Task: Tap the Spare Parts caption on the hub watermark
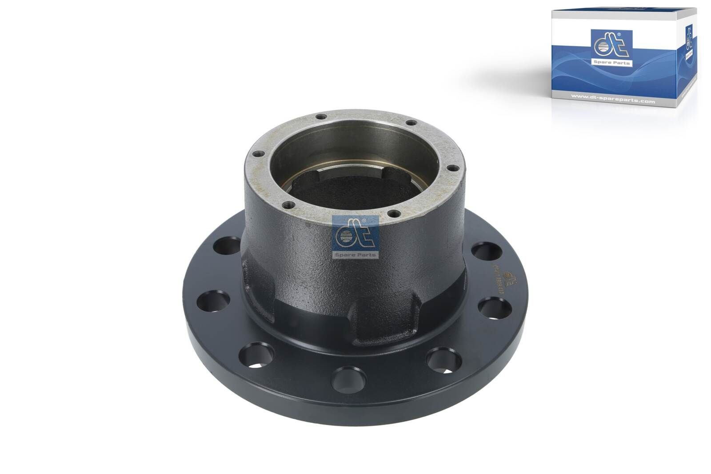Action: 355,255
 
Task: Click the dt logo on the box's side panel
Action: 689,40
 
